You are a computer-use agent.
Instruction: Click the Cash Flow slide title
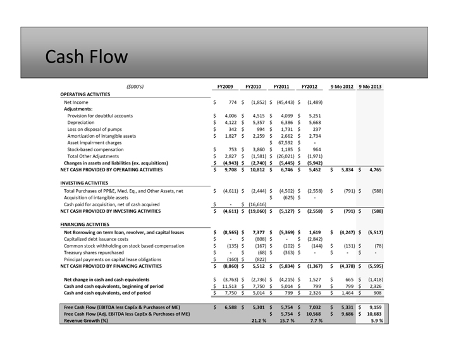87,57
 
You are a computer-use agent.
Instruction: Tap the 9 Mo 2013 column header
370,87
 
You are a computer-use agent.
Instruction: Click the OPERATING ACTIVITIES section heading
85,94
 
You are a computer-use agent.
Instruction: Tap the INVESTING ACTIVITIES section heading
85,182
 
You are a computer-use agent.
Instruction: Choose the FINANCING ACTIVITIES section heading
85,225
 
